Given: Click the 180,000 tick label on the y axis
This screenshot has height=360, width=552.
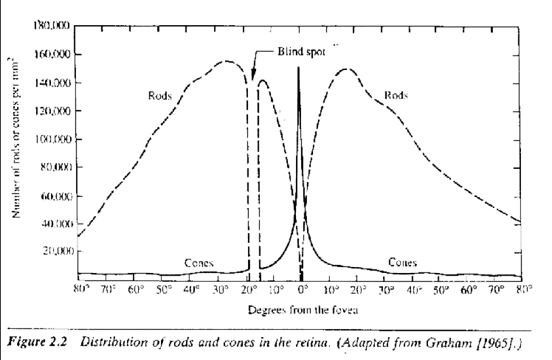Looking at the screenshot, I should click(51, 26).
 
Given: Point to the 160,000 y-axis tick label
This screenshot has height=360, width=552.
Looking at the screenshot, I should click(51, 54).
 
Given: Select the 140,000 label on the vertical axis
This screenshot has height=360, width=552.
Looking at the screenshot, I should click(51, 83).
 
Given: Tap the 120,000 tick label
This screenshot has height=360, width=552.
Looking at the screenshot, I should click(51, 111).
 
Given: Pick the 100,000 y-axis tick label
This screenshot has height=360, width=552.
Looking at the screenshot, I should click(51, 139).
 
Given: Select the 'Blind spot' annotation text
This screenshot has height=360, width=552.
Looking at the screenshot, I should click(300, 54).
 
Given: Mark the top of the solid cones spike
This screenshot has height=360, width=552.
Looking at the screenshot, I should click(298, 67).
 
